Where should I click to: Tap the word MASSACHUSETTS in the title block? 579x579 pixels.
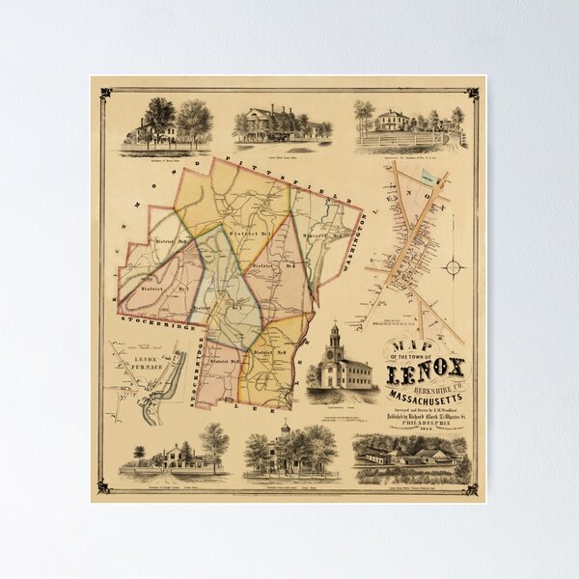pos(425,398)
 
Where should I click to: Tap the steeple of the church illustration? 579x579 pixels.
pos(334,335)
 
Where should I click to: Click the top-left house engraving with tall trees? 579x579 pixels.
pos(165,125)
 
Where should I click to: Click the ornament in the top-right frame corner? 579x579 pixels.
pos(473,94)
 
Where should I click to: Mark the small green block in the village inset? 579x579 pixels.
pos(428,179)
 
